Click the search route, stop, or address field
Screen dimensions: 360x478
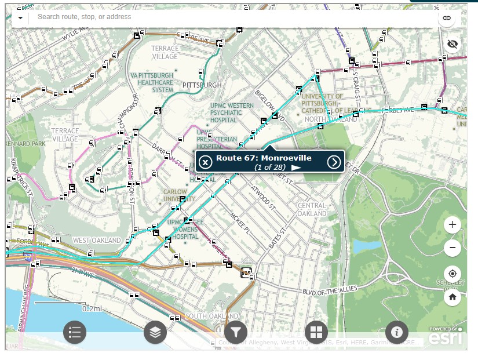[x=232, y=17]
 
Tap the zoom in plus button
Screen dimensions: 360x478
[x=453, y=224]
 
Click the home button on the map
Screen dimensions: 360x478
[x=453, y=297]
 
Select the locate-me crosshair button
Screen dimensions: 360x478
[x=453, y=274]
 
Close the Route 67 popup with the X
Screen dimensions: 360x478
[x=205, y=162]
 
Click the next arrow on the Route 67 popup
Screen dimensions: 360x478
[x=334, y=162]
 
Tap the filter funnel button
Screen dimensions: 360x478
[x=236, y=332]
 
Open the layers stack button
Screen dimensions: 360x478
[x=155, y=332]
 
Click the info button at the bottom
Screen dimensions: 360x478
[x=397, y=332]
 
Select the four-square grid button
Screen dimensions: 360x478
[x=316, y=332]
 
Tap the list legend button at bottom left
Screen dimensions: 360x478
[x=75, y=332]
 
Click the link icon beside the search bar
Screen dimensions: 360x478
[x=447, y=18]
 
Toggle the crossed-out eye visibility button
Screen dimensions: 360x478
[x=453, y=44]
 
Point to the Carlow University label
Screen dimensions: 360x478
[x=175, y=195]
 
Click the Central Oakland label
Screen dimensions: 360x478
[x=312, y=209]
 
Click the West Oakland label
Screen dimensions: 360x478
[x=97, y=240]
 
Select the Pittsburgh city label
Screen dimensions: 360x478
[x=202, y=85]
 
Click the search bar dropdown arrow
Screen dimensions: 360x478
[x=20, y=17]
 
